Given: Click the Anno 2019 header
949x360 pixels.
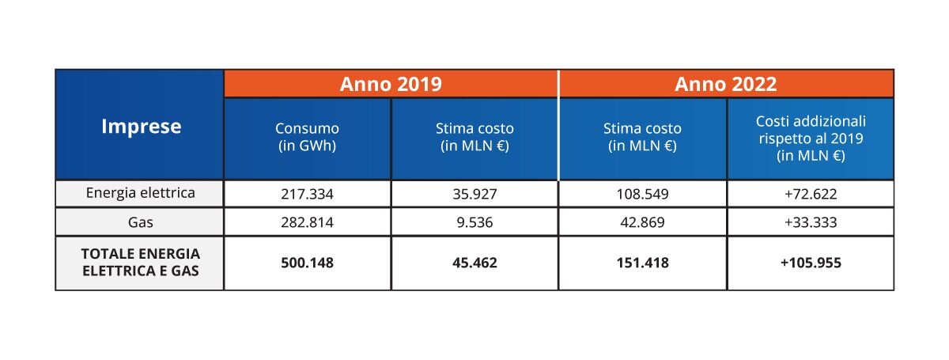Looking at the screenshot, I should pos(391,84).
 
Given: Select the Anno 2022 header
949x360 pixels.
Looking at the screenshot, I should pos(726,84).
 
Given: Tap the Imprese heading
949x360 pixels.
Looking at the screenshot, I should pos(141,126).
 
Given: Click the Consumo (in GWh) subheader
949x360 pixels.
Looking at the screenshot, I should pos(307,137).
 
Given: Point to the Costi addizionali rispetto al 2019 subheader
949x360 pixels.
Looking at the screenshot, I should pos(811,138).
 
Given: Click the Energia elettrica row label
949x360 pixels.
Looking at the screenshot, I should pos(140,192).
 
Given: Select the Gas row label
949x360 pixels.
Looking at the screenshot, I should pos(140,222).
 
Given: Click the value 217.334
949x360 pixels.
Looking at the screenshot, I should pos(307,193).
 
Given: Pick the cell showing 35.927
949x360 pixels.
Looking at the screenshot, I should pos(475,193).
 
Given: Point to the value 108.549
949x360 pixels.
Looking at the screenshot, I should pos(642,193).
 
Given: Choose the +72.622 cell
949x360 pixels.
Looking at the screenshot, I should pos(811,193).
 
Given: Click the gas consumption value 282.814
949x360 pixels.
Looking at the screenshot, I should pos(307,223).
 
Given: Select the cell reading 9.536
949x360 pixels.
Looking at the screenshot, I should pos(475,223).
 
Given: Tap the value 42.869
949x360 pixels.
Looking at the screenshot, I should pos(642,223).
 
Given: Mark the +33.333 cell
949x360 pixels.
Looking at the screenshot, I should pos(811,223).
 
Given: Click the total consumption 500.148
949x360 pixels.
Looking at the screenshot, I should pos(307,263).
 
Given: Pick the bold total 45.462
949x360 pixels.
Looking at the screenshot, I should pos(475,263).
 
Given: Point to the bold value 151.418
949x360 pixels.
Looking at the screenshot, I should pos(642,263).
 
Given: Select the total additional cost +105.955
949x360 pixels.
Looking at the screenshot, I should pos(811,263).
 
